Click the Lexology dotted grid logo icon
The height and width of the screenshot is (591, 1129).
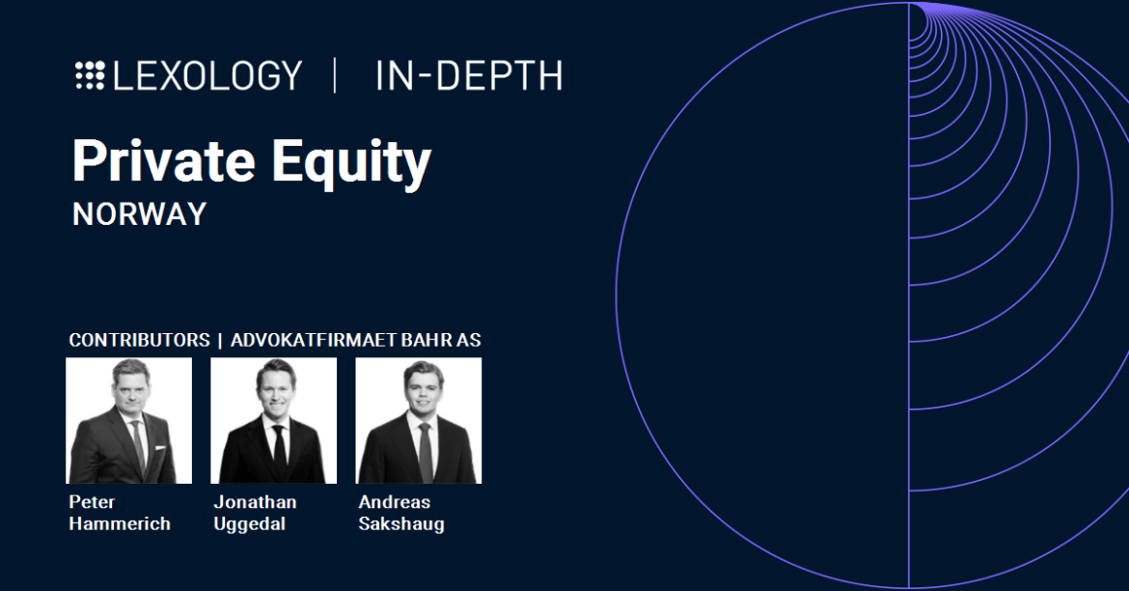90,75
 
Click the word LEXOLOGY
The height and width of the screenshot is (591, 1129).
208,75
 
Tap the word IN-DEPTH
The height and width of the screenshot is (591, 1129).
469,75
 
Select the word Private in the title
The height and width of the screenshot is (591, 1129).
163,160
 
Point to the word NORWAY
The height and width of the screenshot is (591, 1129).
140,214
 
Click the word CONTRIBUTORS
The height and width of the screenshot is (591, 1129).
140,340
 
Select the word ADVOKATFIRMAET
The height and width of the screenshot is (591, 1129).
314,340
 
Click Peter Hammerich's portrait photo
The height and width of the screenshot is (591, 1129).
129,421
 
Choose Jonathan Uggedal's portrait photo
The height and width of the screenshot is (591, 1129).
274,421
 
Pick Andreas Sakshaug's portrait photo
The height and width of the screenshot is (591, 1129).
419,421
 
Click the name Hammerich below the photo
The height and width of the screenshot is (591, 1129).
120,524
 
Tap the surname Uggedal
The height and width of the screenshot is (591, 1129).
250,524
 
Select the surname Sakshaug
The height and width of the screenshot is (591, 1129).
401,524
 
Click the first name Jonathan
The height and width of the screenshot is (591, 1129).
255,502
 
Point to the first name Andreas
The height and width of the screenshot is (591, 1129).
395,502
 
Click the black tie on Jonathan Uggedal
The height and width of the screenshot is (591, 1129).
280,453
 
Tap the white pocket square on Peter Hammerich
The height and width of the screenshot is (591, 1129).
159,448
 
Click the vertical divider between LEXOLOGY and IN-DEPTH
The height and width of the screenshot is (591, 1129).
335,75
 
